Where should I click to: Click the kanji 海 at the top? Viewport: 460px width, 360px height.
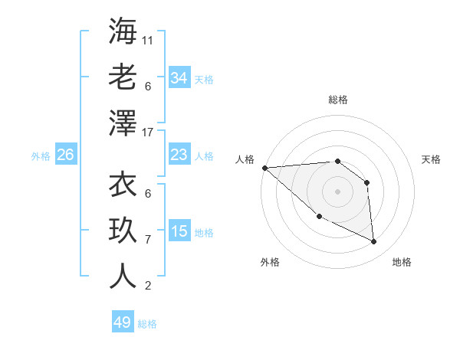point(123,31)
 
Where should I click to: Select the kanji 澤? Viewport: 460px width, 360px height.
point(123,122)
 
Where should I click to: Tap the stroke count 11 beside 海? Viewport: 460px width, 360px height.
point(148,40)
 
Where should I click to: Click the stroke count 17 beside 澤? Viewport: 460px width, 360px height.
point(148,131)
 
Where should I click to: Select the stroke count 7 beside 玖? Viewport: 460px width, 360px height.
point(148,239)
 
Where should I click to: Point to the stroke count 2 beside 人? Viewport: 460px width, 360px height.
point(148,286)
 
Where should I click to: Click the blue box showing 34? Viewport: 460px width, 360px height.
point(179,78)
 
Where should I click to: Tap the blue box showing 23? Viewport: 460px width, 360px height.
point(179,155)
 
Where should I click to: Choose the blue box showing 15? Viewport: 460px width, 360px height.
point(179,231)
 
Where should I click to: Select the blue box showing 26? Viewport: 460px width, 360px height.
point(65,155)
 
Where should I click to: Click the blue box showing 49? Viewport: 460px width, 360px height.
point(123,322)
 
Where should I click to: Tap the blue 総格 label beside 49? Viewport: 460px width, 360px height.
point(148,324)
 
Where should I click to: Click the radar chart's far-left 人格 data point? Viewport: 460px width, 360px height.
point(264,168)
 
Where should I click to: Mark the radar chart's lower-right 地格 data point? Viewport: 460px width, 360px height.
point(374,242)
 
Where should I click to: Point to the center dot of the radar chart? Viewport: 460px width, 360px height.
point(337,191)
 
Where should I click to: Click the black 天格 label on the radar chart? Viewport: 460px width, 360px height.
point(431,159)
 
